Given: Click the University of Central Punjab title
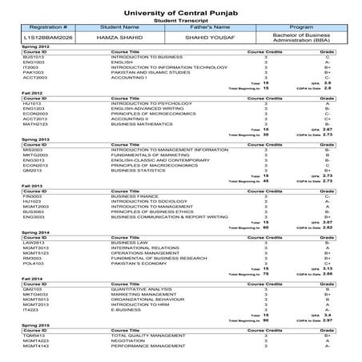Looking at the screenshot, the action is coord(180,8).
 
